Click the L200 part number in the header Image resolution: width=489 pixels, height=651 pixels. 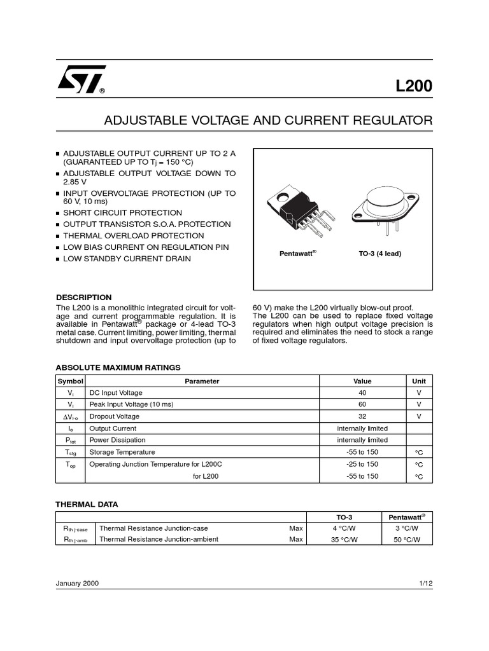tap(413, 86)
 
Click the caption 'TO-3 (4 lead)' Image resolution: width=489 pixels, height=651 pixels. tap(380, 253)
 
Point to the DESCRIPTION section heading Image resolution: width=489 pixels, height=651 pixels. tap(84, 297)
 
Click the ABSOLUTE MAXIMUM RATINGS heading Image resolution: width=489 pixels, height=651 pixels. tap(118, 367)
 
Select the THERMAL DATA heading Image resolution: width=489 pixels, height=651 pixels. tap(87, 504)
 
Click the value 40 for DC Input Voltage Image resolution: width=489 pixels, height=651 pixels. tap(362, 393)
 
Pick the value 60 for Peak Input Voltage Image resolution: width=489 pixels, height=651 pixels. tap(362, 404)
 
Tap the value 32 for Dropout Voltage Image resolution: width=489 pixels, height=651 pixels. tap(362, 416)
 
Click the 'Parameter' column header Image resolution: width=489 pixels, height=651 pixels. tap(202, 381)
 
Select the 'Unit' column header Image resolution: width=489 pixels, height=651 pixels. tap(418, 381)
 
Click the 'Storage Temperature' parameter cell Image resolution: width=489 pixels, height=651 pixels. tap(122, 452)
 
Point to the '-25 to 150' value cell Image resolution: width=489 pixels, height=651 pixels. tap(362, 464)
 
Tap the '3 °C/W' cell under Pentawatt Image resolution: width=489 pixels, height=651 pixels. tap(407, 528)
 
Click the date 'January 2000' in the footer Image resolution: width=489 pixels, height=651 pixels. tap(78, 583)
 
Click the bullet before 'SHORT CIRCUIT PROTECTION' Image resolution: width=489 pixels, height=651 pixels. tap(58, 213)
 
